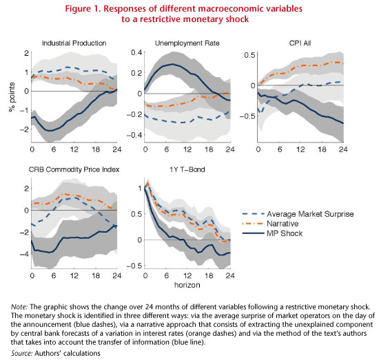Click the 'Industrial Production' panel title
click(x=74, y=43)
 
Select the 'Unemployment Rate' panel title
click(x=187, y=43)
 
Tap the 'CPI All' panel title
click(x=300, y=43)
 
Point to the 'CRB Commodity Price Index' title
click(x=74, y=169)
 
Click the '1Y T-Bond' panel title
click(x=187, y=169)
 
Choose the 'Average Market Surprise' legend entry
click(x=298, y=214)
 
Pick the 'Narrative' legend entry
click(x=271, y=224)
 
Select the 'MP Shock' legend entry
click(x=272, y=233)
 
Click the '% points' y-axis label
click(x=12, y=97)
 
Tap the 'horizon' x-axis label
click(x=187, y=285)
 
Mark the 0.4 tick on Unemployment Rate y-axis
click(x=136, y=52)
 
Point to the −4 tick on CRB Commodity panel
click(x=24, y=254)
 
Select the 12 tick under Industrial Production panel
click(x=74, y=149)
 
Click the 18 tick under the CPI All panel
click(x=322, y=149)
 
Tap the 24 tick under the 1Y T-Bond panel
click(x=230, y=275)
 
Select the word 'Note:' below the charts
click(x=19, y=307)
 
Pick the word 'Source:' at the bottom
click(x=22, y=353)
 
